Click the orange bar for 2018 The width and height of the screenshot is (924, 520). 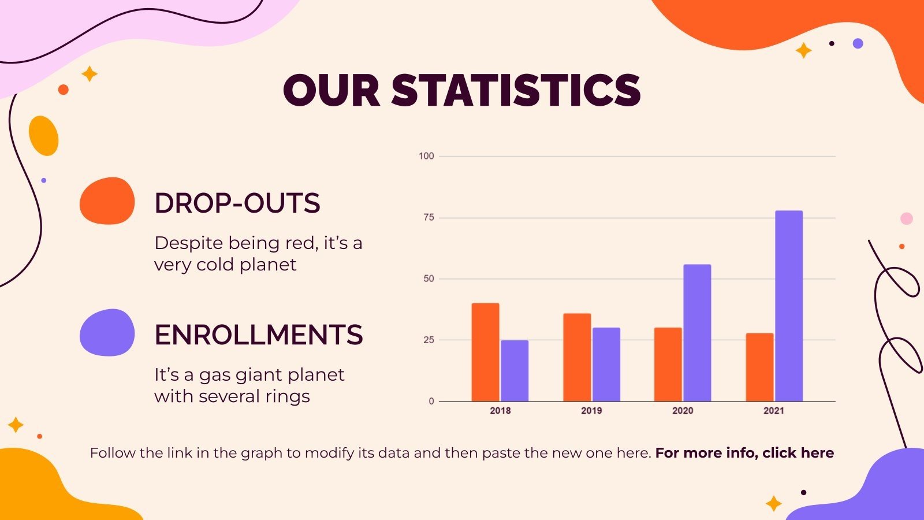point(485,352)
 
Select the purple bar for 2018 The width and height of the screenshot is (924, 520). point(514,370)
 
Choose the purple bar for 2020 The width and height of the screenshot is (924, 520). point(697,332)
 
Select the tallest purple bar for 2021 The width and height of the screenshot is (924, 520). point(788,306)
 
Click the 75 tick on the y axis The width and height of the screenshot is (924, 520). point(429,218)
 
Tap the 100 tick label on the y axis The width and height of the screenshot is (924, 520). point(426,156)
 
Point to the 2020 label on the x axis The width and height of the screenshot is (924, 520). point(683,411)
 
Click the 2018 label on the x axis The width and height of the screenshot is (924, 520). point(500,411)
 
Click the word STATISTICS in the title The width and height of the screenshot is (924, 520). point(516,91)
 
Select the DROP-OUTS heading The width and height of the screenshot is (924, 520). point(237,203)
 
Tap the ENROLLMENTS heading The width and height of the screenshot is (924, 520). point(258,335)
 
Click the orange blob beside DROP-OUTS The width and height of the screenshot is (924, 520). point(107,200)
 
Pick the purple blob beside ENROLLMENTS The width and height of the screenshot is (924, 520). point(107,332)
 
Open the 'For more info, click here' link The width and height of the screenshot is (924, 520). point(744,453)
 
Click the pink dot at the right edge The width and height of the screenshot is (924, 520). point(907,218)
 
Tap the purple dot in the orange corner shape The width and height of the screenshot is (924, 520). point(858,43)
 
